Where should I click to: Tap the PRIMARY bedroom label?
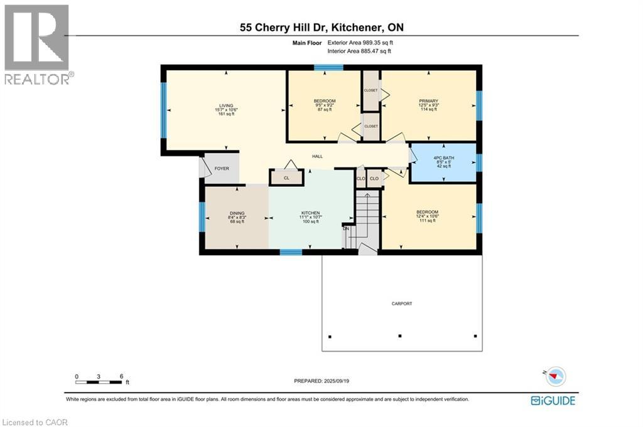(428, 101)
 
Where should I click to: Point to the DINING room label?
(236, 213)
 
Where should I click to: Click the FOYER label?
(222, 169)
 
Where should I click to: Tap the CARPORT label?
(402, 303)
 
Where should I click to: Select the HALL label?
(317, 156)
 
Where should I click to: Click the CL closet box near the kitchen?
(286, 178)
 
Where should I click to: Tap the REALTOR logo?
(37, 44)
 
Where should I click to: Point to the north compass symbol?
(555, 376)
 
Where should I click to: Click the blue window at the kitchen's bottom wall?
(291, 252)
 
